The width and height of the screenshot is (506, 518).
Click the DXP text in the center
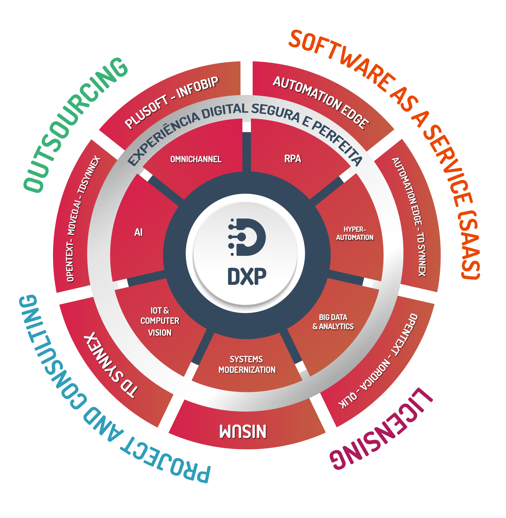[x=247, y=276]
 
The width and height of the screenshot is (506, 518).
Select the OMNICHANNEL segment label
[x=196, y=159]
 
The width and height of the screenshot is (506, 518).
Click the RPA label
[x=293, y=158]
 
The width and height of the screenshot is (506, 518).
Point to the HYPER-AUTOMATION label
[x=355, y=233]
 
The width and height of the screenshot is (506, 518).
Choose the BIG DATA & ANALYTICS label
[x=333, y=322]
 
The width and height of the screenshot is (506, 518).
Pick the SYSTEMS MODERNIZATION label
[x=247, y=365]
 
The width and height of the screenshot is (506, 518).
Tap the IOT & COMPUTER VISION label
[x=160, y=321]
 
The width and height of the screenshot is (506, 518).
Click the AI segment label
[x=138, y=232]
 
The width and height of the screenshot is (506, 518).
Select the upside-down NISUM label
[x=243, y=431]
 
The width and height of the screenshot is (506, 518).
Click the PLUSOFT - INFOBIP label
[x=172, y=102]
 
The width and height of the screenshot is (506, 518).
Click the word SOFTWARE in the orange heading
[x=341, y=58]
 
